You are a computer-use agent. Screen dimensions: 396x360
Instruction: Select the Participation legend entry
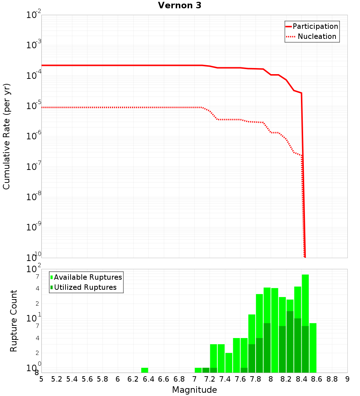[315, 26]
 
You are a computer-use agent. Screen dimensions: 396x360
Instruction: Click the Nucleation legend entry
[316, 36]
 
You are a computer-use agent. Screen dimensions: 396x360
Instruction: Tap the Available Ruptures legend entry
[88, 277]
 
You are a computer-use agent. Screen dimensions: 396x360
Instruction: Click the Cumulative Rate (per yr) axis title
[6, 136]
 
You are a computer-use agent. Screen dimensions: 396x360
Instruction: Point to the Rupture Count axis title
[14, 321]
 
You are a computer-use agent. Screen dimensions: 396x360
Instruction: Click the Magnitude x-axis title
[194, 390]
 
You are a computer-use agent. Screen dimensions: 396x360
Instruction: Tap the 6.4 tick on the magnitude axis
[149, 379]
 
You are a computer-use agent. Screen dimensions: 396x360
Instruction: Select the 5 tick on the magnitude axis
[41, 379]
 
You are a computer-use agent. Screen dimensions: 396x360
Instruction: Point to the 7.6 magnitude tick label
[240, 379]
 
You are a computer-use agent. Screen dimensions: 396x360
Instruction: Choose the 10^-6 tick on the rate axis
[34, 136]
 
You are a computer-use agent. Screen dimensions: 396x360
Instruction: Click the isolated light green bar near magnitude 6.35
[145, 370]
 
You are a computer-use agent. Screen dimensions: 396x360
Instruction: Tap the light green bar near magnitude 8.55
[313, 348]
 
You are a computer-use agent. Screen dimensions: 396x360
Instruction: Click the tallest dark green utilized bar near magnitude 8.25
[290, 342]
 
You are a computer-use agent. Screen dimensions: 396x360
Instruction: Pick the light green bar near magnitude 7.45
[229, 363]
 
